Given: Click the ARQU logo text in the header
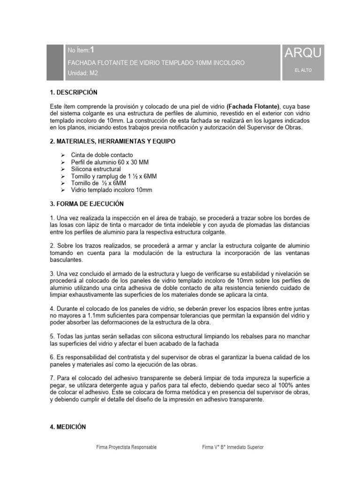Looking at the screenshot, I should [x=303, y=53].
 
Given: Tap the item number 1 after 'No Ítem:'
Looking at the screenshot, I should [x=92, y=50].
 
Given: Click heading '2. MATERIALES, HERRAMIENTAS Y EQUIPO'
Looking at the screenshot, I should [x=113, y=141].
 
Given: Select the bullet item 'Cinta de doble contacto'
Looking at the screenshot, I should [x=102, y=155].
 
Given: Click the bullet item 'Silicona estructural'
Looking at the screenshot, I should [x=96, y=169].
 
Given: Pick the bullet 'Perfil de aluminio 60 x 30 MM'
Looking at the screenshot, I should [x=110, y=162].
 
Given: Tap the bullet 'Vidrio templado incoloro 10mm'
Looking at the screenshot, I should [x=112, y=190].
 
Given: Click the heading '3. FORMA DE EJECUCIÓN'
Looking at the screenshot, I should [x=87, y=204].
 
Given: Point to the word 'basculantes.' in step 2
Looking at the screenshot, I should [x=66, y=260].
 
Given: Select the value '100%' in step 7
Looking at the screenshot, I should [x=282, y=385].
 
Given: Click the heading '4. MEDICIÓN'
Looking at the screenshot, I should [x=68, y=427].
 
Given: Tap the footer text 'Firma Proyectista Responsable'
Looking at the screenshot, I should [x=126, y=447].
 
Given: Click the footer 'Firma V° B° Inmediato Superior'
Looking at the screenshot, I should [x=232, y=447].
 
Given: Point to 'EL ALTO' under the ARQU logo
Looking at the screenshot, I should [x=303, y=70].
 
